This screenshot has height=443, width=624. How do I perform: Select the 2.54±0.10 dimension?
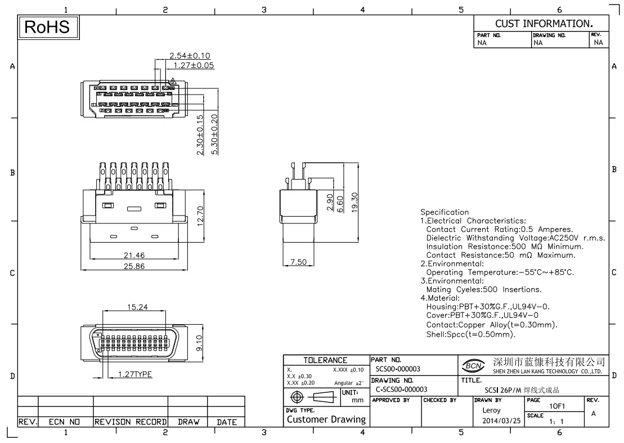coord(190,55)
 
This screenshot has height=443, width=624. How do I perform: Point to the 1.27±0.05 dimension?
coord(193,65)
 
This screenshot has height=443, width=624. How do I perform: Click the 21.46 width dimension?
coord(134,256)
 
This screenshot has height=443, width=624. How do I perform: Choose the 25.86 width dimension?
coord(134,266)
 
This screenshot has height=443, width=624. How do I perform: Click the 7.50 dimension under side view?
coord(298,262)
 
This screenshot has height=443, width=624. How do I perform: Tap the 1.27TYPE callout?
coord(134,374)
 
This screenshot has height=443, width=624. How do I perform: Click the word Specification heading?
coord(445,212)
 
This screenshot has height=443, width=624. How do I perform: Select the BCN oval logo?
coord(473,366)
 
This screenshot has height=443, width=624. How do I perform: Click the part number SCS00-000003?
coord(397,369)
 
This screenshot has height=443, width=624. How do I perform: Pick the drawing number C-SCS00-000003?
coord(401,389)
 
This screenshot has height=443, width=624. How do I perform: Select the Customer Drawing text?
coord(326,419)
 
